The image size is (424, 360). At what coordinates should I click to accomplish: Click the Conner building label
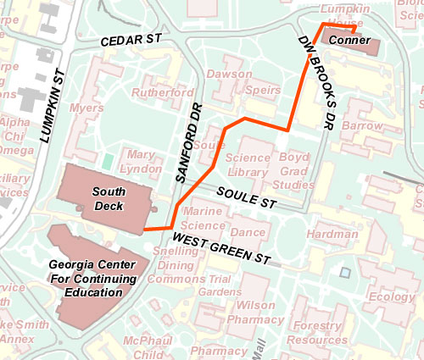[x=344, y=41]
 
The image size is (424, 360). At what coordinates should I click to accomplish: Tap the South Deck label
[x=109, y=199]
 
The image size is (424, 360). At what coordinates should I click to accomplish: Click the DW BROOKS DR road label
[x=314, y=82]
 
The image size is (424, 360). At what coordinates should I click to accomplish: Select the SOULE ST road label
[x=246, y=198]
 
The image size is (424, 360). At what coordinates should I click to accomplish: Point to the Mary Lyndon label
[x=142, y=162]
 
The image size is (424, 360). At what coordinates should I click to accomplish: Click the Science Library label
[x=248, y=165]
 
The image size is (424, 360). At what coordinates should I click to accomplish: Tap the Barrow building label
[x=364, y=125]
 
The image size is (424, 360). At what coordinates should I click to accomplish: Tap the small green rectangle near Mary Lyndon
[x=107, y=160]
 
